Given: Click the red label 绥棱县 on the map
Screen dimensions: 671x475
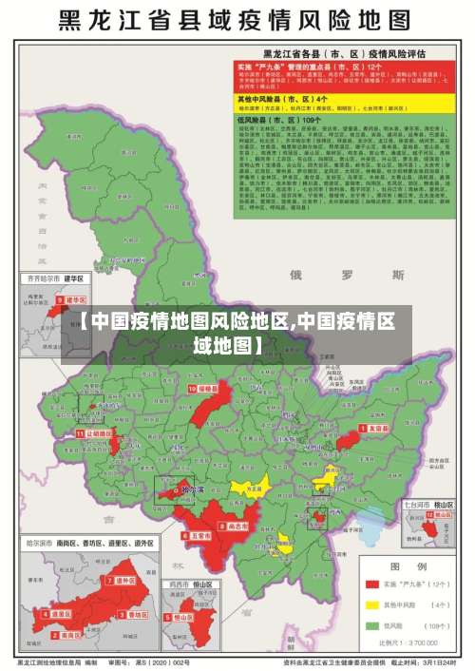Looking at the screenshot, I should pos(203,389).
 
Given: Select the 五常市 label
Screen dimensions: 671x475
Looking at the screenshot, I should pos(199,536).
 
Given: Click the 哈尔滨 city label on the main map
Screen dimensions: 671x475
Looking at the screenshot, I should pos(193,490).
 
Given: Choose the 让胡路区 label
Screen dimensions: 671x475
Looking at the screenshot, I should pos(96,431).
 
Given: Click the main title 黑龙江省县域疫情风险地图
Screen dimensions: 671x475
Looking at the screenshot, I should pos(237,20).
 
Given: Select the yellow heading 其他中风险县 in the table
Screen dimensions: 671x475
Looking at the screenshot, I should pos(295,98).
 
